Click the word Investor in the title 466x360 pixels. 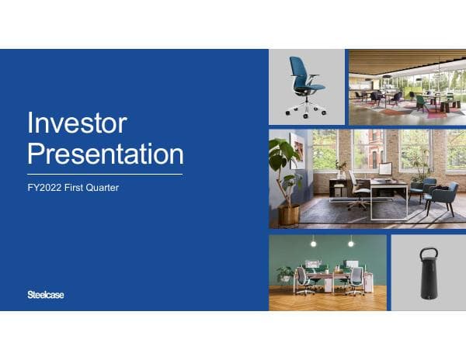(x=76, y=123)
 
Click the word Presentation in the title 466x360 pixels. (x=105, y=154)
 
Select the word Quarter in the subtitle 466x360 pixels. (x=101, y=188)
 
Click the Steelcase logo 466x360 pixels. (x=46, y=294)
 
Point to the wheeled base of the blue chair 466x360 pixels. (x=306, y=109)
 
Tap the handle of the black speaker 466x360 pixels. (x=428, y=254)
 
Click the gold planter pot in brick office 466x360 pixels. (x=288, y=213)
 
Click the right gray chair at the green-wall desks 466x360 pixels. (x=356, y=279)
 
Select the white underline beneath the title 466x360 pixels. (x=105, y=174)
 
